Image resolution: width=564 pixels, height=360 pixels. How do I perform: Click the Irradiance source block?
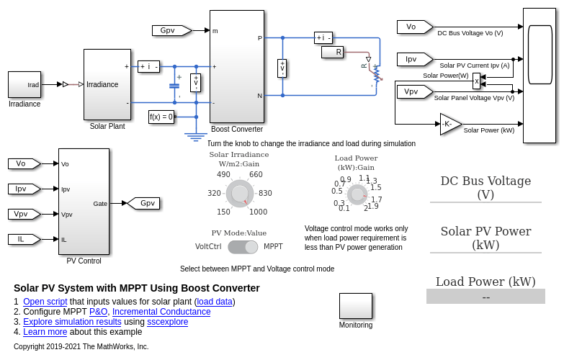click(24, 84)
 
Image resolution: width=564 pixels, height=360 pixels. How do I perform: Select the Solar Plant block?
click(107, 84)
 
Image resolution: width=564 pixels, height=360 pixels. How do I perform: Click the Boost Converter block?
click(237, 66)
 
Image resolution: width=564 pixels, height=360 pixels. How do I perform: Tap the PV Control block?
click(84, 202)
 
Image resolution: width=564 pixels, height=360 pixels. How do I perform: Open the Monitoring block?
click(356, 306)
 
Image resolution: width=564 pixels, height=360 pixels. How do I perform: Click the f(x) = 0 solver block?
click(161, 117)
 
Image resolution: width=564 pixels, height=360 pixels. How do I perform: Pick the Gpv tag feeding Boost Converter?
click(171, 30)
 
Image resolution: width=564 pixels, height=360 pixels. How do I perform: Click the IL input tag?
click(24, 239)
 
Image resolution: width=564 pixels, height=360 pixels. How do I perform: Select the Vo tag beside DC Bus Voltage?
click(413, 27)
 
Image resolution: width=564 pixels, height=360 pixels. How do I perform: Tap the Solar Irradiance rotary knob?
click(240, 194)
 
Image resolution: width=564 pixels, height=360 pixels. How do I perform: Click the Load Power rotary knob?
click(357, 194)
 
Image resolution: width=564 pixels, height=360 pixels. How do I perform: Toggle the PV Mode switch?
click(243, 247)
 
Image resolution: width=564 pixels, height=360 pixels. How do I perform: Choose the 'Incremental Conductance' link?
click(161, 312)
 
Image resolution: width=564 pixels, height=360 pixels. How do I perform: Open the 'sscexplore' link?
click(167, 322)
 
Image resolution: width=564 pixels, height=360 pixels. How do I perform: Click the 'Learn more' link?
click(45, 332)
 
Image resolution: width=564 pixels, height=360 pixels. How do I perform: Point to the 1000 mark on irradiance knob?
click(258, 212)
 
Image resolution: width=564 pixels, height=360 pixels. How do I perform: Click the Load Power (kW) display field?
click(485, 297)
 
